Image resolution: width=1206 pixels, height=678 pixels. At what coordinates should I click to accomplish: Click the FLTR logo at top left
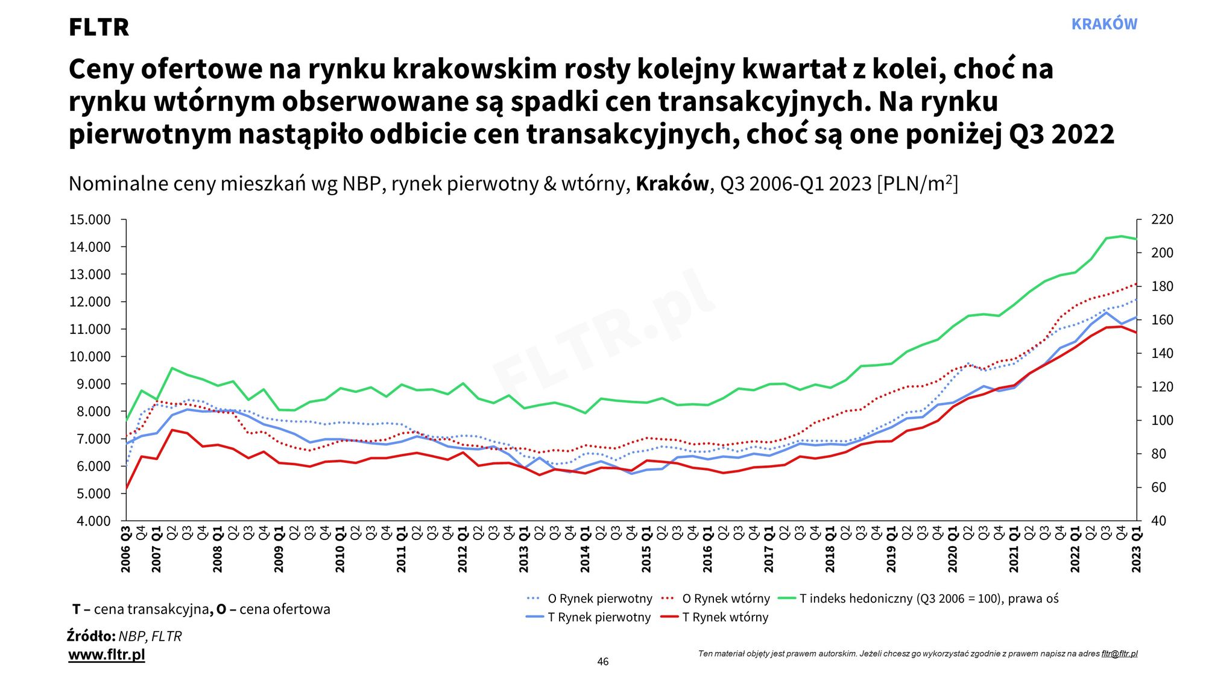pyautogui.click(x=99, y=27)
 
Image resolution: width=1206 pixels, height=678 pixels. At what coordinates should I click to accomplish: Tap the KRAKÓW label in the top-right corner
pyautogui.click(x=1104, y=24)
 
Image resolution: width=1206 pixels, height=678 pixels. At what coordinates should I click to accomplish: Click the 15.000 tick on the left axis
pyautogui.click(x=90, y=219)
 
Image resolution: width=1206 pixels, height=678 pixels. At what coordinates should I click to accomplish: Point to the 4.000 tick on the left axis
pyautogui.click(x=93, y=521)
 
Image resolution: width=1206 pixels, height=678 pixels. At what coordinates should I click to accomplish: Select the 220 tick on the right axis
pyautogui.click(x=1162, y=219)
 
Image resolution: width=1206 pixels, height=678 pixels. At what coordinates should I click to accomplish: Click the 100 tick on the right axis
pyautogui.click(x=1162, y=420)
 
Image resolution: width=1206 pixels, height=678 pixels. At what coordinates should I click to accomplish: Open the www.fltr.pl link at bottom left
pyautogui.click(x=107, y=654)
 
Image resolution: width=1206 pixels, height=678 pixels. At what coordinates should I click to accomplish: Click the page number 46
pyautogui.click(x=603, y=662)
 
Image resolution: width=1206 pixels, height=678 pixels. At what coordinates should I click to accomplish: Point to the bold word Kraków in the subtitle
pyautogui.click(x=672, y=183)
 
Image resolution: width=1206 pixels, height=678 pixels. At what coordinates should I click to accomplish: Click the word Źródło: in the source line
pyautogui.click(x=91, y=636)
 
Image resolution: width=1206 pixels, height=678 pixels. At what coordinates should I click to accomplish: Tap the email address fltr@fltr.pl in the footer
pyautogui.click(x=1119, y=653)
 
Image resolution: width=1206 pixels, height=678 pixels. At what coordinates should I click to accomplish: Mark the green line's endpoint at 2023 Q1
pyautogui.click(x=1137, y=239)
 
